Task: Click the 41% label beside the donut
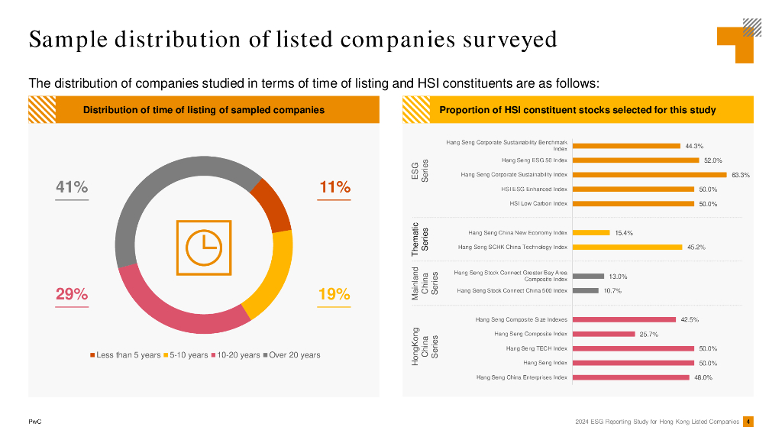pos(72,187)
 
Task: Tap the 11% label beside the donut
pos(334,187)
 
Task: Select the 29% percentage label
pos(72,294)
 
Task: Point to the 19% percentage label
pos(334,294)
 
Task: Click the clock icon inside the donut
pos(203,247)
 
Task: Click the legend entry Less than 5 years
pos(126,355)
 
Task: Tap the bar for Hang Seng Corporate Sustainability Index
pos(649,175)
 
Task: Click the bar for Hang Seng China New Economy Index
pos(590,232)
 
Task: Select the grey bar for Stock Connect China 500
pos(585,290)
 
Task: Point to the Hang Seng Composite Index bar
pos(603,334)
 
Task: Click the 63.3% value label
pos(741,175)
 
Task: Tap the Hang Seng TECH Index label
pos(536,348)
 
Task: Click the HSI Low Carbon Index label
pos(538,204)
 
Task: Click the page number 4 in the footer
pos(748,421)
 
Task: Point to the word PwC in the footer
pos(34,422)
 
